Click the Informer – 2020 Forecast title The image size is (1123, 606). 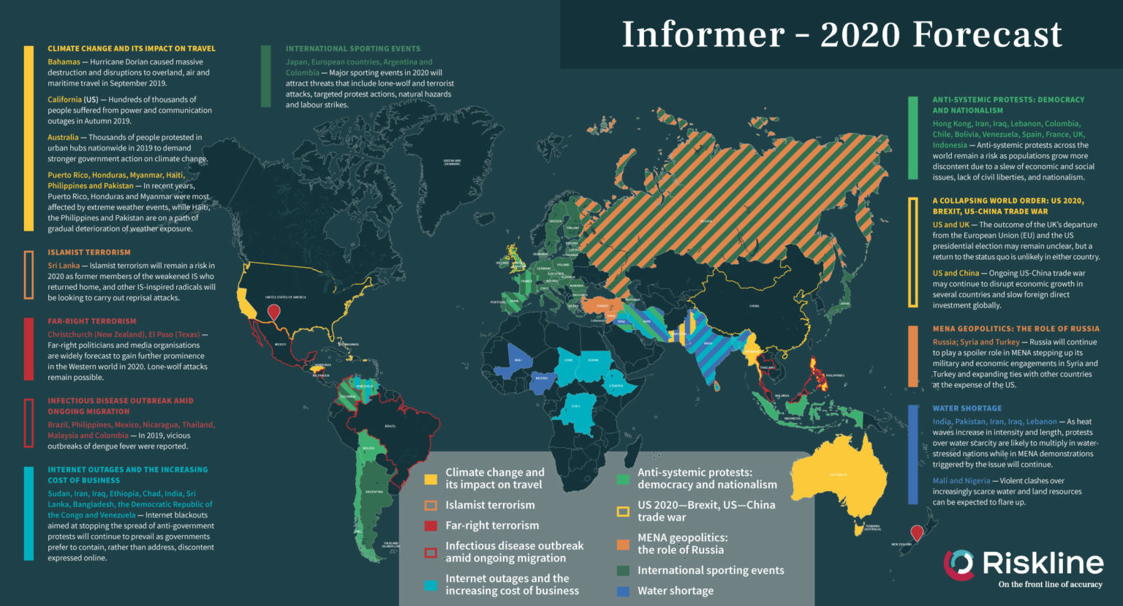[841, 34]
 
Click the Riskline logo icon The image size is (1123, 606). [958, 564]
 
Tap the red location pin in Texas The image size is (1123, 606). [273, 313]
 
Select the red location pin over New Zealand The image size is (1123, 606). [916, 532]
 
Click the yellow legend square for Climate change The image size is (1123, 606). [431, 480]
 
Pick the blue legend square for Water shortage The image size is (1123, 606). [623, 591]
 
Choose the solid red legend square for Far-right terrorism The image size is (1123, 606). [431, 525]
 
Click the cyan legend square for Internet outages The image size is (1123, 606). [431, 585]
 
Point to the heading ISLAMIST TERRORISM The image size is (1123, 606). [89, 252]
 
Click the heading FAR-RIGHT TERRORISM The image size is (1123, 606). [92, 321]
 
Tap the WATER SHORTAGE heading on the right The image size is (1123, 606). [967, 408]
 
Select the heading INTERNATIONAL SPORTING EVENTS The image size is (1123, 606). [353, 49]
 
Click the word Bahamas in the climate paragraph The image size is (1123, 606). [64, 62]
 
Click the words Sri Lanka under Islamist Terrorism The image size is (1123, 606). [64, 266]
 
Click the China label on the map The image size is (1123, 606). [754, 306]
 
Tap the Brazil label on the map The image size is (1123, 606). [390, 425]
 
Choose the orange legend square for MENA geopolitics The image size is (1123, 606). [623, 545]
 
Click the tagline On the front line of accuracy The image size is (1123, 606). [1050, 585]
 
